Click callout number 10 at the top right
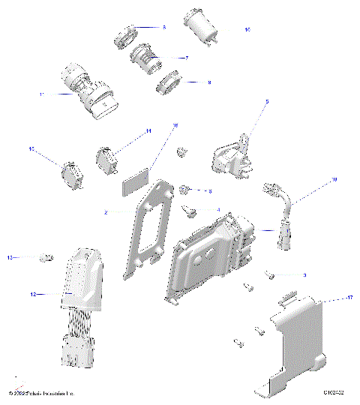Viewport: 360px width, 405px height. pyautogui.click(x=247, y=29)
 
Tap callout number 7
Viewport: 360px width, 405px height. pyautogui.click(x=186, y=57)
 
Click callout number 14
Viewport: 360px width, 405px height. pyautogui.click(x=148, y=131)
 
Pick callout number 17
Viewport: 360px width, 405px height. pyautogui.click(x=328, y=298)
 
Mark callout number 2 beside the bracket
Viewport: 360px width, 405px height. pyautogui.click(x=106, y=213)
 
